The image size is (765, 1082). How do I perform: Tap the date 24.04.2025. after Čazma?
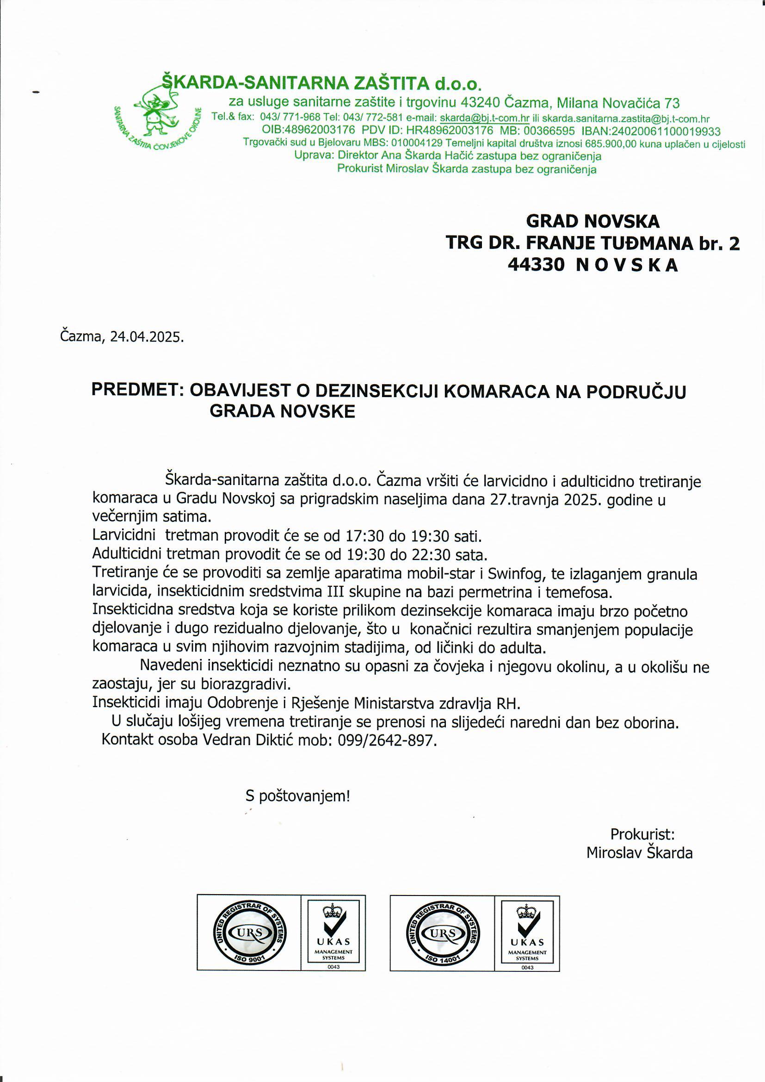point(147,337)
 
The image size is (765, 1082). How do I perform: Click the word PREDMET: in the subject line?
point(137,391)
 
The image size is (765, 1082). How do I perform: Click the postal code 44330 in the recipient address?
point(536,265)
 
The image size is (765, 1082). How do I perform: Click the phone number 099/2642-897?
point(387,740)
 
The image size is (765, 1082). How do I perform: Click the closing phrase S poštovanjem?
point(298,796)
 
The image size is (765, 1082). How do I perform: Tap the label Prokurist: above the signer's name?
point(642,834)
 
